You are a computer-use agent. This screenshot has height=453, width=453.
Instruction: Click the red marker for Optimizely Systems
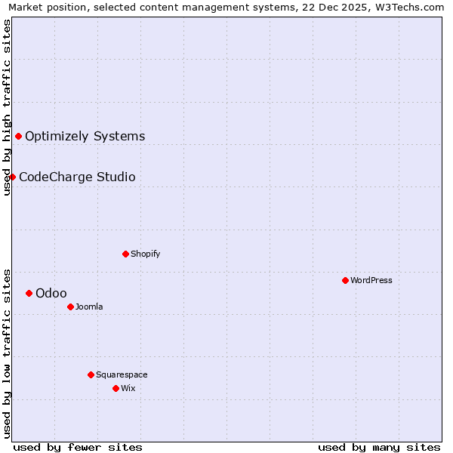pyautogui.click(x=19, y=136)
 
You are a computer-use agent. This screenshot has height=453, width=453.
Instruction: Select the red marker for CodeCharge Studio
pyautogui.click(x=13, y=177)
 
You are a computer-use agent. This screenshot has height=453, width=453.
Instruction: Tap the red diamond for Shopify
pyautogui.click(x=126, y=254)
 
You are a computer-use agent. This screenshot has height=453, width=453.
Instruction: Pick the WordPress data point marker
pyautogui.click(x=346, y=280)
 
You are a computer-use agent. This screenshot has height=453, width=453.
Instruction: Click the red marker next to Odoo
pyautogui.click(x=29, y=293)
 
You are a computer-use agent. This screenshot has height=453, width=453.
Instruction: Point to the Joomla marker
pyautogui.click(x=71, y=307)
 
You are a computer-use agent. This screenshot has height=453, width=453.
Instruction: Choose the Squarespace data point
pyautogui.click(x=91, y=374)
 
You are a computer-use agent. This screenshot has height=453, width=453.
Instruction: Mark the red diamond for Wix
pyautogui.click(x=116, y=388)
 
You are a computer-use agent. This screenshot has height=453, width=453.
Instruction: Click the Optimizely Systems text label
pyautogui.click(x=85, y=137)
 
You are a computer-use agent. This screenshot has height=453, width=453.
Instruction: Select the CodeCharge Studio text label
pyautogui.click(x=77, y=177)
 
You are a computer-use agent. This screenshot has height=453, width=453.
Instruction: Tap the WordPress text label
pyautogui.click(x=371, y=280)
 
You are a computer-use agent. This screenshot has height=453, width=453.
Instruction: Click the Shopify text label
pyautogui.click(x=146, y=254)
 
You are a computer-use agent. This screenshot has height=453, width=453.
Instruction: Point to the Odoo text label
pyautogui.click(x=51, y=293)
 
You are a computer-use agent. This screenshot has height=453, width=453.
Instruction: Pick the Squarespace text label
pyautogui.click(x=122, y=374)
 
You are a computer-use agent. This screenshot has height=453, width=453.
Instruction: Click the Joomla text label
pyautogui.click(x=89, y=307)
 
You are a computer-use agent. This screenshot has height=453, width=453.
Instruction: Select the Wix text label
pyautogui.click(x=128, y=388)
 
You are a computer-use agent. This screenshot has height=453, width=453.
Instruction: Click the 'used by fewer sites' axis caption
pyautogui.click(x=78, y=447)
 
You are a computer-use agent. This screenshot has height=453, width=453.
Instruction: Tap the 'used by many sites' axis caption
pyautogui.click(x=379, y=447)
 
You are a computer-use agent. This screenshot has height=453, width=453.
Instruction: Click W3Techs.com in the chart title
pyautogui.click(x=411, y=7)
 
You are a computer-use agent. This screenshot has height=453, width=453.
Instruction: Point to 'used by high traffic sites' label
pyautogui.click(x=7, y=108)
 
